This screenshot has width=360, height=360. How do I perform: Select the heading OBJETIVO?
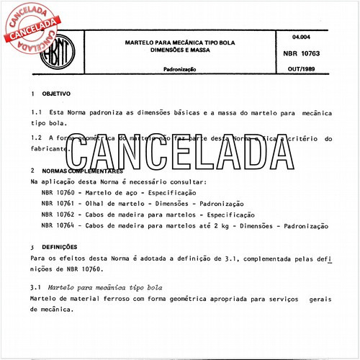55,94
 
